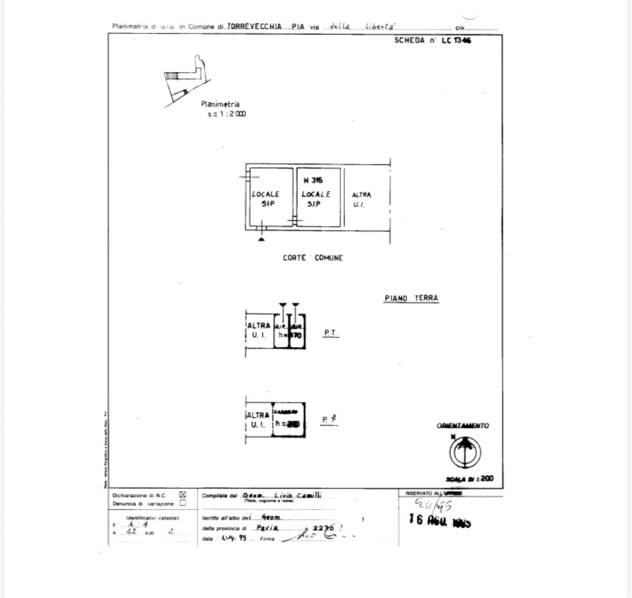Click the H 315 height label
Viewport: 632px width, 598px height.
pos(313,181)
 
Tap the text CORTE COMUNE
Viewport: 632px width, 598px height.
pos(312,258)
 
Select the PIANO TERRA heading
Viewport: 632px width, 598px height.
pos(411,298)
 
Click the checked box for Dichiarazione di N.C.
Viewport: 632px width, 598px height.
pos(183,494)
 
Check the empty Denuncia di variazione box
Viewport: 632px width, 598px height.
pos(183,503)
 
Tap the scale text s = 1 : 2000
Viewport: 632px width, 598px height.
pos(227,114)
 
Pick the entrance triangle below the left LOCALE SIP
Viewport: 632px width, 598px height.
pos(261,238)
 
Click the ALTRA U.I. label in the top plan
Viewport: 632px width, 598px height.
pos(361,200)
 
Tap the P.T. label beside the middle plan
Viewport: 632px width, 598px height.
pos(331,334)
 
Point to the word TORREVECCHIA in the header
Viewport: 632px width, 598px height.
pos(254,26)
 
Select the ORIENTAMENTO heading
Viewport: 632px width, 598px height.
pos(462,426)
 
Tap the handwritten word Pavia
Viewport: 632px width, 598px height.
pos(267,528)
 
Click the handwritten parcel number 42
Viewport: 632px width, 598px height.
pos(131,531)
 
